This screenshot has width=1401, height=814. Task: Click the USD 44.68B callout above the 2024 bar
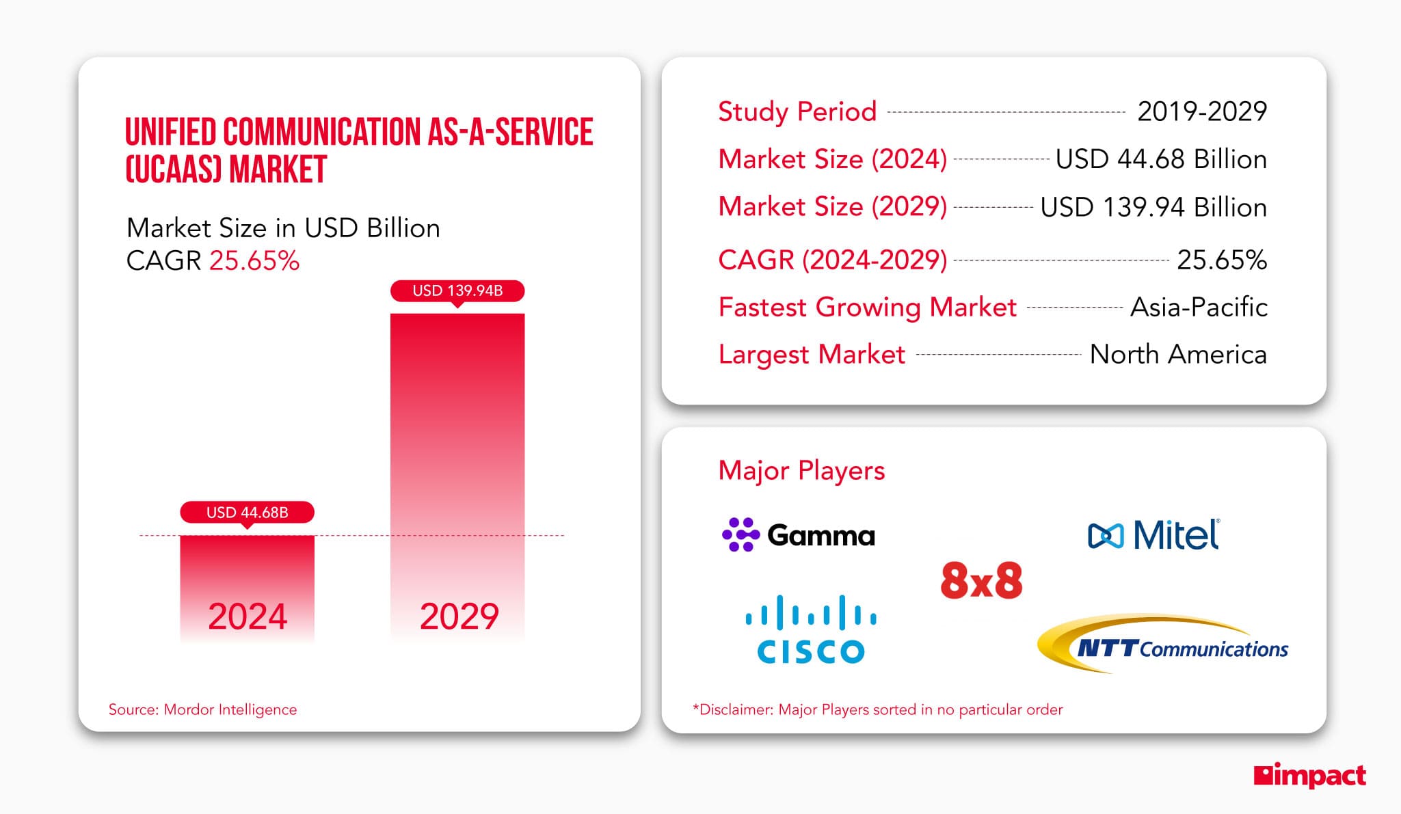pos(247,512)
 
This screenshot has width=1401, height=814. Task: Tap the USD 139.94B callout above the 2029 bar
pos(457,290)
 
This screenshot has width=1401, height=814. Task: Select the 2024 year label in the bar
pos(247,616)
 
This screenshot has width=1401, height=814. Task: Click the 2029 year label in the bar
pos(459,616)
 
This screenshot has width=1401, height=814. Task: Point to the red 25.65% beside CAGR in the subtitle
pos(254,261)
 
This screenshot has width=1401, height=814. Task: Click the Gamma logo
pos(798,535)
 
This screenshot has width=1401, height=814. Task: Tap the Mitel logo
pos(1153,535)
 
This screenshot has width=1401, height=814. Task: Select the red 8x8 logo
pos(981,581)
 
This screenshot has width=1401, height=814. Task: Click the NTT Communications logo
pos(1162,645)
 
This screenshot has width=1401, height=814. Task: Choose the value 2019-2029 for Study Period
pos(1201,111)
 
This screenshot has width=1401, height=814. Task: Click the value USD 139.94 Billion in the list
pos(1153,207)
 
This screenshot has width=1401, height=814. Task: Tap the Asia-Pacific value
pos(1199,307)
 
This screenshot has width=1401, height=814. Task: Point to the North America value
pos(1177,354)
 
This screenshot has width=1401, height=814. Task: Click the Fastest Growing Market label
pos(867,307)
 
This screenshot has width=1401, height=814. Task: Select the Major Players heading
pos(801,470)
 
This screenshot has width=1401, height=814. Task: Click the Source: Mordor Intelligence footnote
pos(202,709)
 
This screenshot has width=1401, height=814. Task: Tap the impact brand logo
pos(1309,776)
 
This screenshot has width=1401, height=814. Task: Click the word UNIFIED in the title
pos(170,132)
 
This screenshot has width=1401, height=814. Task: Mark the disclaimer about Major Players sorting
pos(877,709)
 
